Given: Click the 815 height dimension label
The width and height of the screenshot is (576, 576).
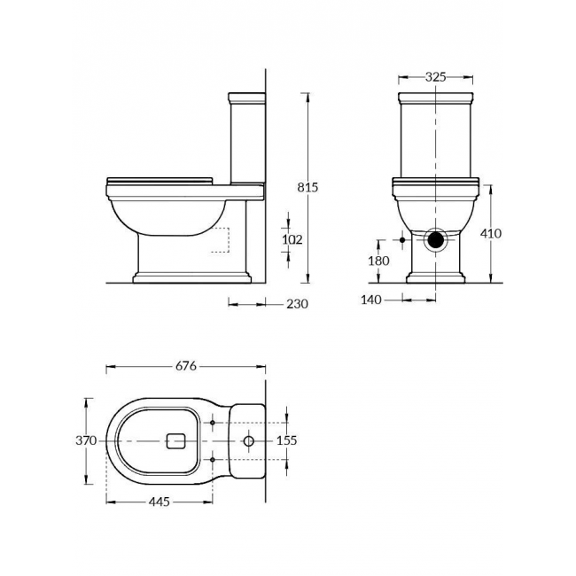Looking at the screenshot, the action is tap(307, 187).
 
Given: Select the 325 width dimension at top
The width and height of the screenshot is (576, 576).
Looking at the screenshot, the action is tap(436, 77).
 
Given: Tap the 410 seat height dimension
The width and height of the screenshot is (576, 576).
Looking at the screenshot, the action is tap(491, 233).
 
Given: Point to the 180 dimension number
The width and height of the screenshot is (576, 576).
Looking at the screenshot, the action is tap(378, 261).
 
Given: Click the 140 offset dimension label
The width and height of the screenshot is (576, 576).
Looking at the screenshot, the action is tap(371, 300).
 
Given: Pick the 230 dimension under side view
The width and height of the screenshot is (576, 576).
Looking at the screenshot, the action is tap(297, 304).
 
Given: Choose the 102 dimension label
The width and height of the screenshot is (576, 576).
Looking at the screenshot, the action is tap(292, 239).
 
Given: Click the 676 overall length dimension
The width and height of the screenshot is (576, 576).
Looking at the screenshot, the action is tap(186, 366).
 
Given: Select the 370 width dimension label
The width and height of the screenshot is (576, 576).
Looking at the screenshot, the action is tap(86, 440).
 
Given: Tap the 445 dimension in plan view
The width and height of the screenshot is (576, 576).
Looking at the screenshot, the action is tap(160, 502).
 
